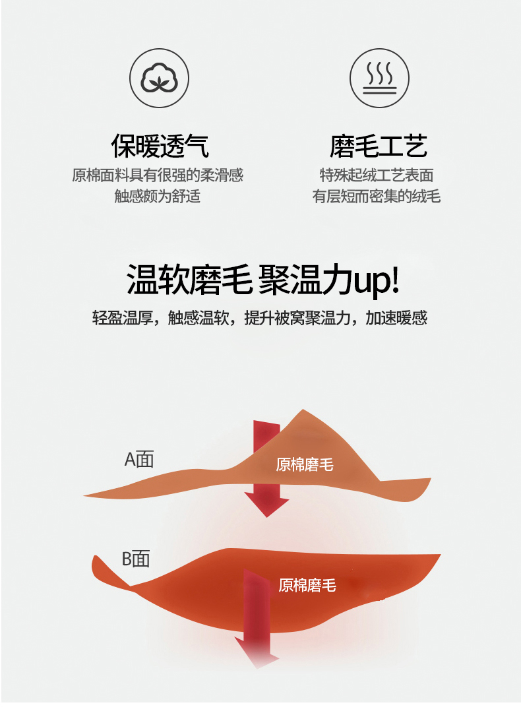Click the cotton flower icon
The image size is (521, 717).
pos(159,78)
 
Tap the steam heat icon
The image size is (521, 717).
pos(379,78)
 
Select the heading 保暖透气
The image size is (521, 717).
pos(160,146)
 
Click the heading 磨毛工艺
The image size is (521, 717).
pos(379,146)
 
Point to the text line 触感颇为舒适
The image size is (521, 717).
pos(157,196)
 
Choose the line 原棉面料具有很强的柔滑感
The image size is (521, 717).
pos(158,175)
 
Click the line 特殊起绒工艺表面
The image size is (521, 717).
pos(376,175)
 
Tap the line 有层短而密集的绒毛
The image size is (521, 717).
pos(376,196)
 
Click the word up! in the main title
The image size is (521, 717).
pos(377,280)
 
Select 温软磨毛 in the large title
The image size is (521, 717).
pos(189,279)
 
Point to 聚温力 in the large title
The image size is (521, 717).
pos(305,279)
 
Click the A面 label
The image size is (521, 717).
pos(139,459)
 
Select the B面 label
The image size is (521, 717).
pos(136,559)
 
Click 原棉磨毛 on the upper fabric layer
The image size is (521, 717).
pos(305,464)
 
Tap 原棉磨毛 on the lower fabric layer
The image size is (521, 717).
pos(307,585)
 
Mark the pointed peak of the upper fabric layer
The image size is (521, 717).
pos(303,410)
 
